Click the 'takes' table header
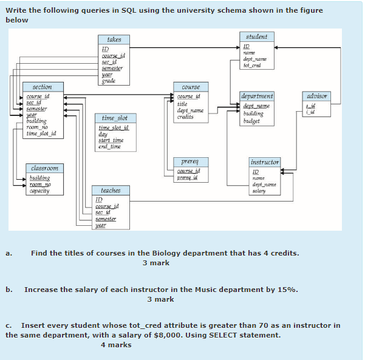[x=114, y=39]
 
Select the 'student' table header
[x=256, y=37]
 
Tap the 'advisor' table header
[x=318, y=96]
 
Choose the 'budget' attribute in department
[x=251, y=121]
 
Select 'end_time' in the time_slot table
[x=110, y=146]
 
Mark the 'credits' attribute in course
[x=185, y=117]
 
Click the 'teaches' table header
[x=111, y=191]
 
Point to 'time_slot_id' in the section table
[x=41, y=134]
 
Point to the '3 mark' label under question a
[x=156, y=263]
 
